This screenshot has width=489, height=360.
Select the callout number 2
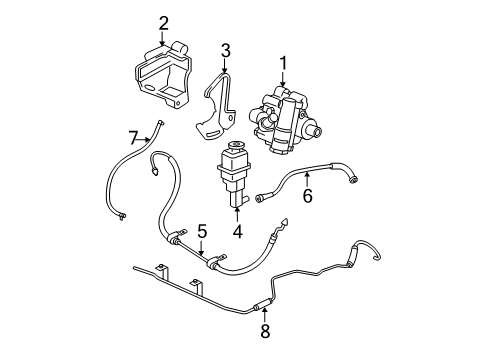pyautogui.click(x=162, y=23)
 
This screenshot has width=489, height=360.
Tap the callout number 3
pyautogui.click(x=225, y=50)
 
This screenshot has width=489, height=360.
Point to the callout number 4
pyautogui.click(x=237, y=232)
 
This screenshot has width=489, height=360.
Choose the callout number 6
pyautogui.click(x=307, y=196)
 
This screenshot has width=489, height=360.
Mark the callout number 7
pyautogui.click(x=132, y=136)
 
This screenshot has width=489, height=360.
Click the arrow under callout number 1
pyautogui.click(x=283, y=82)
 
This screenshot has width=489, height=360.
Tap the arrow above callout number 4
pyautogui.click(x=237, y=213)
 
